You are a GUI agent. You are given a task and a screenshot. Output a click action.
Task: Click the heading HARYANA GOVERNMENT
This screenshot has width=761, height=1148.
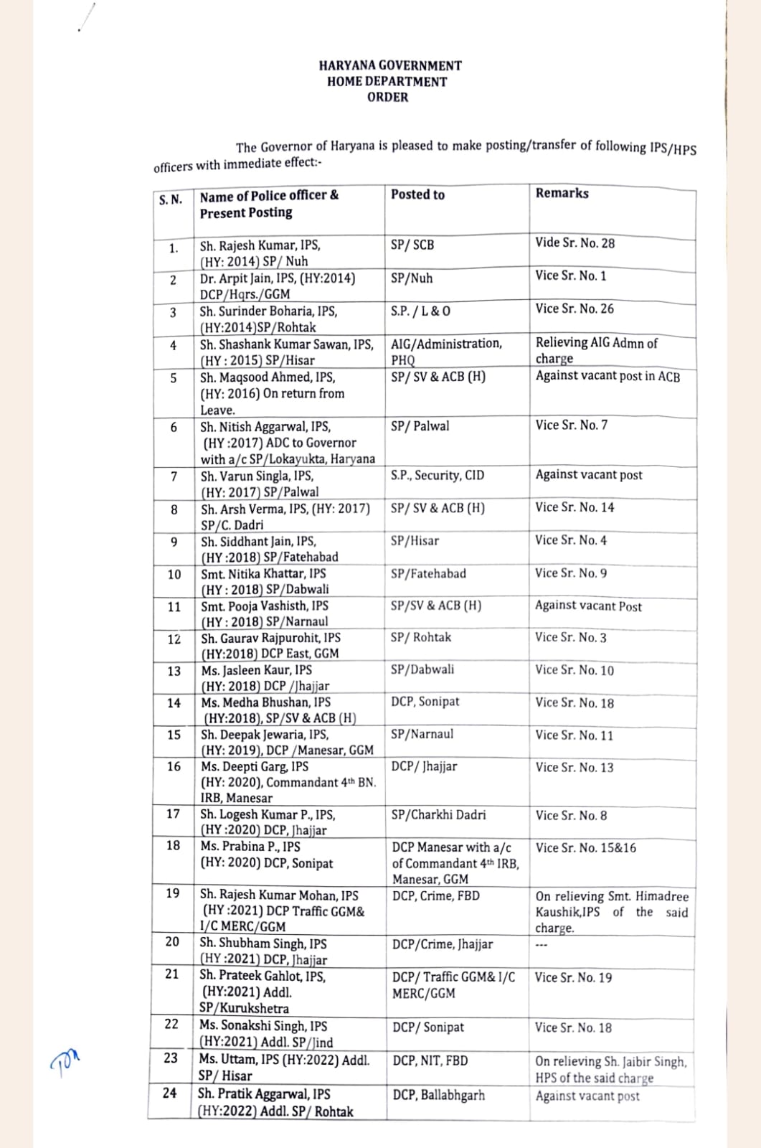[x=390, y=65]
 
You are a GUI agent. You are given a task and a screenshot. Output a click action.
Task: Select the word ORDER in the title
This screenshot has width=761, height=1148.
[x=387, y=98]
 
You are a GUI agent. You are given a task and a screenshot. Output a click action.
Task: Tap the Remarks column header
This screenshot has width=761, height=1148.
[x=562, y=193]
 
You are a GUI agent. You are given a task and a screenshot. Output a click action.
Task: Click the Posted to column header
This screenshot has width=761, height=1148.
[x=417, y=194]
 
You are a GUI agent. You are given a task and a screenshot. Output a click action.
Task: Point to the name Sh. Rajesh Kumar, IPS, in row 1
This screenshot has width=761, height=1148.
[x=260, y=245]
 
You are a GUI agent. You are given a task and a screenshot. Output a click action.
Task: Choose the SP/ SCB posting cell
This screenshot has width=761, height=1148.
[x=412, y=245]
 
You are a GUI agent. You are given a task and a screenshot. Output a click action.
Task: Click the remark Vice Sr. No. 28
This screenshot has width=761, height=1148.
[x=575, y=243]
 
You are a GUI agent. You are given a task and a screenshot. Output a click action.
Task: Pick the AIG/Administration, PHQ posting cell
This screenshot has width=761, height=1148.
[x=446, y=352]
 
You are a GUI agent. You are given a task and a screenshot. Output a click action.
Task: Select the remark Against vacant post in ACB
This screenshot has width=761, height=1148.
[x=608, y=376]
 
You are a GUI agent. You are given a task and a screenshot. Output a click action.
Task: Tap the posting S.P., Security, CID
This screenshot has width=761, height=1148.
[x=438, y=475]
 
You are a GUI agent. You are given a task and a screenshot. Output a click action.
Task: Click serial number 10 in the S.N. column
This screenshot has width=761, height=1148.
[x=174, y=574]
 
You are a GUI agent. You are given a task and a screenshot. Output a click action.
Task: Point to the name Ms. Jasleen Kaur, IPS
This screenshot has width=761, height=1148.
[x=257, y=670]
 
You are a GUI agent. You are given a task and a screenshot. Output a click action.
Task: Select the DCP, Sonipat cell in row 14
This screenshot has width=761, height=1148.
[x=425, y=702]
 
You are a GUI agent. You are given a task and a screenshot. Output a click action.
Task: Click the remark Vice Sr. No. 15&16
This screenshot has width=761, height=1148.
[x=585, y=847]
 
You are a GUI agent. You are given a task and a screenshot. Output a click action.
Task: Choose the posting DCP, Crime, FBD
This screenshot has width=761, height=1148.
[x=436, y=895]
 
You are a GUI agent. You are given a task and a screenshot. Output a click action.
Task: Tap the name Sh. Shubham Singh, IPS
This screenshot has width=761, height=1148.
[x=263, y=944]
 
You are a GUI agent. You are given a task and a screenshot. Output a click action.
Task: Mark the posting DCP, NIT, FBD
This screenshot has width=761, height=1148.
[x=430, y=1060]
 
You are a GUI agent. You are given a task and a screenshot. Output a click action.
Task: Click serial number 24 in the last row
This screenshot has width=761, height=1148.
[x=170, y=1093]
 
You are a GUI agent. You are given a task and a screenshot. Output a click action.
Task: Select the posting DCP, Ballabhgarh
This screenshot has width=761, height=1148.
[x=438, y=1095]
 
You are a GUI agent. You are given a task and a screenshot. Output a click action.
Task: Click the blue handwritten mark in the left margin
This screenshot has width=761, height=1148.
[x=65, y=1059]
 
